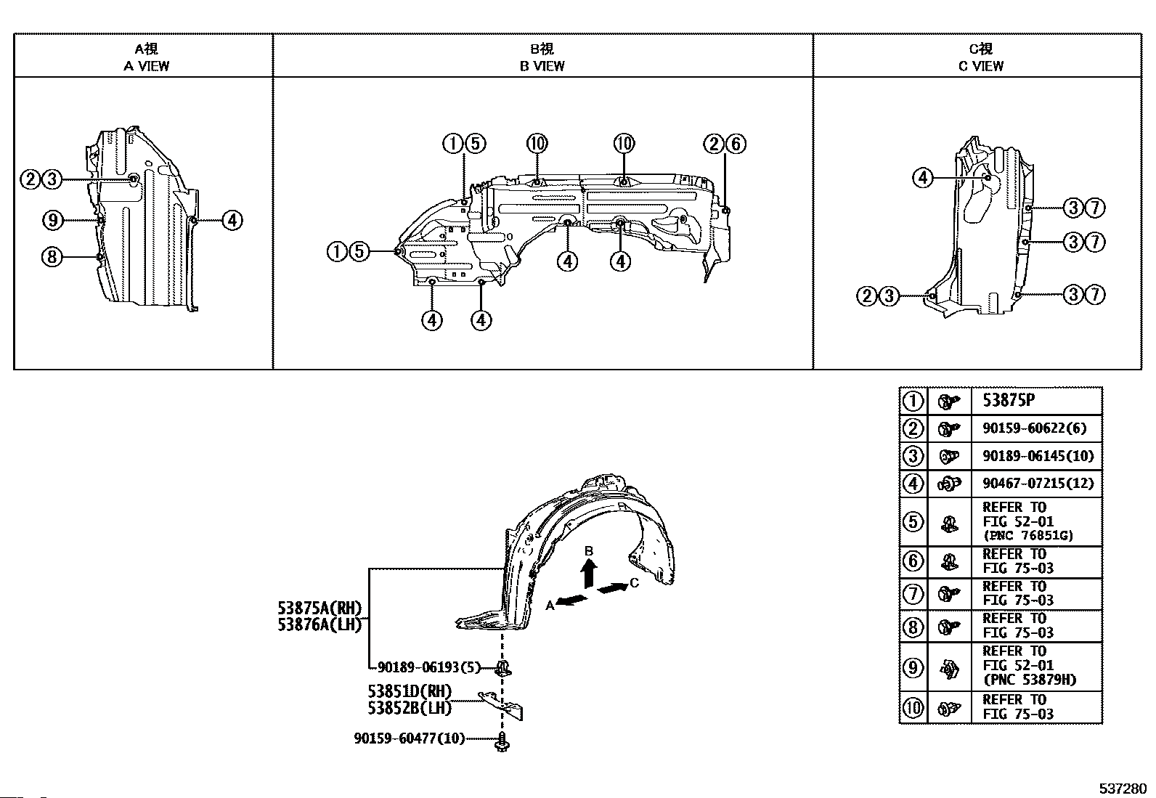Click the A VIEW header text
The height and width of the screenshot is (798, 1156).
point(146,65)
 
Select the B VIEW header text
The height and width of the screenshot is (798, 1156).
point(542,65)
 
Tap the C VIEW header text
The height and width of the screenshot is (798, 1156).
point(980,65)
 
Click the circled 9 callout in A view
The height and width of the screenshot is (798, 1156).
point(52,219)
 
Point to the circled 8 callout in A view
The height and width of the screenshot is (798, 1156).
point(52,256)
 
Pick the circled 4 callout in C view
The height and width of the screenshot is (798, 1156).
point(922,177)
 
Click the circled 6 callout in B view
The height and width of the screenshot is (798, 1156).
point(735,144)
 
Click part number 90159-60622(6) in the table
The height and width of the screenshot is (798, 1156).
point(1035,428)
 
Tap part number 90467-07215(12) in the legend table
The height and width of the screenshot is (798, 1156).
point(1038,483)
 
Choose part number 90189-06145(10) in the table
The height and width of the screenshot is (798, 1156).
point(1038,456)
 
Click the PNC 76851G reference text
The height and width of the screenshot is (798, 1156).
point(1027,536)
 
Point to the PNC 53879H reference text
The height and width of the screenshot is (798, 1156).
point(1029,680)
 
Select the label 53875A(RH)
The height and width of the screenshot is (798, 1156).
point(319,608)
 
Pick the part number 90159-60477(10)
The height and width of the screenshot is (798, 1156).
point(409,738)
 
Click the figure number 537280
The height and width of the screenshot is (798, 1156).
point(1122,789)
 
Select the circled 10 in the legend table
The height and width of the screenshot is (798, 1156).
point(913,707)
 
